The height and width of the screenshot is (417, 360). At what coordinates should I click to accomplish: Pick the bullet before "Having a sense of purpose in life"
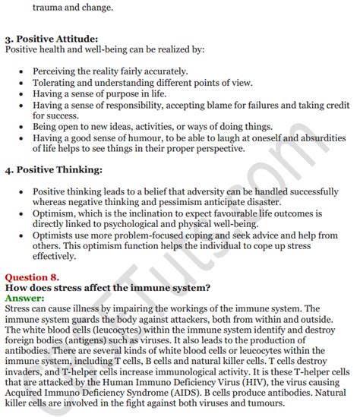[20, 93]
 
